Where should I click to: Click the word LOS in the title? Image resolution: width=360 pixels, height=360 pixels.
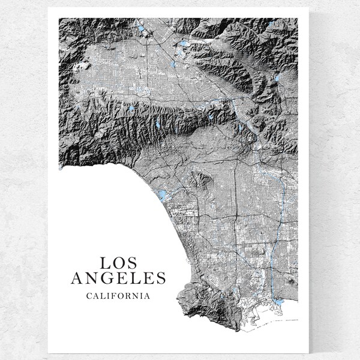coord(118,263)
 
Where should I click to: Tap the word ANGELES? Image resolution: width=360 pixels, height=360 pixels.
coord(118,278)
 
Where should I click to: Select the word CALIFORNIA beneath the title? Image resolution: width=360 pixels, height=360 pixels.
coord(118,295)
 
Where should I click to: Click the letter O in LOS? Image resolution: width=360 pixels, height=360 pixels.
coord(118,263)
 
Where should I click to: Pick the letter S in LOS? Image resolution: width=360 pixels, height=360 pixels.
coord(132,263)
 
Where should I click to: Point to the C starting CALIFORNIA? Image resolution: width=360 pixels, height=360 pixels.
coord(89,295)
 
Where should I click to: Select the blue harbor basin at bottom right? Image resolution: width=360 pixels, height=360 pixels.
coord(278,302)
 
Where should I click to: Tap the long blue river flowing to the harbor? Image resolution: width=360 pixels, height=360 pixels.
coord(271,252)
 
